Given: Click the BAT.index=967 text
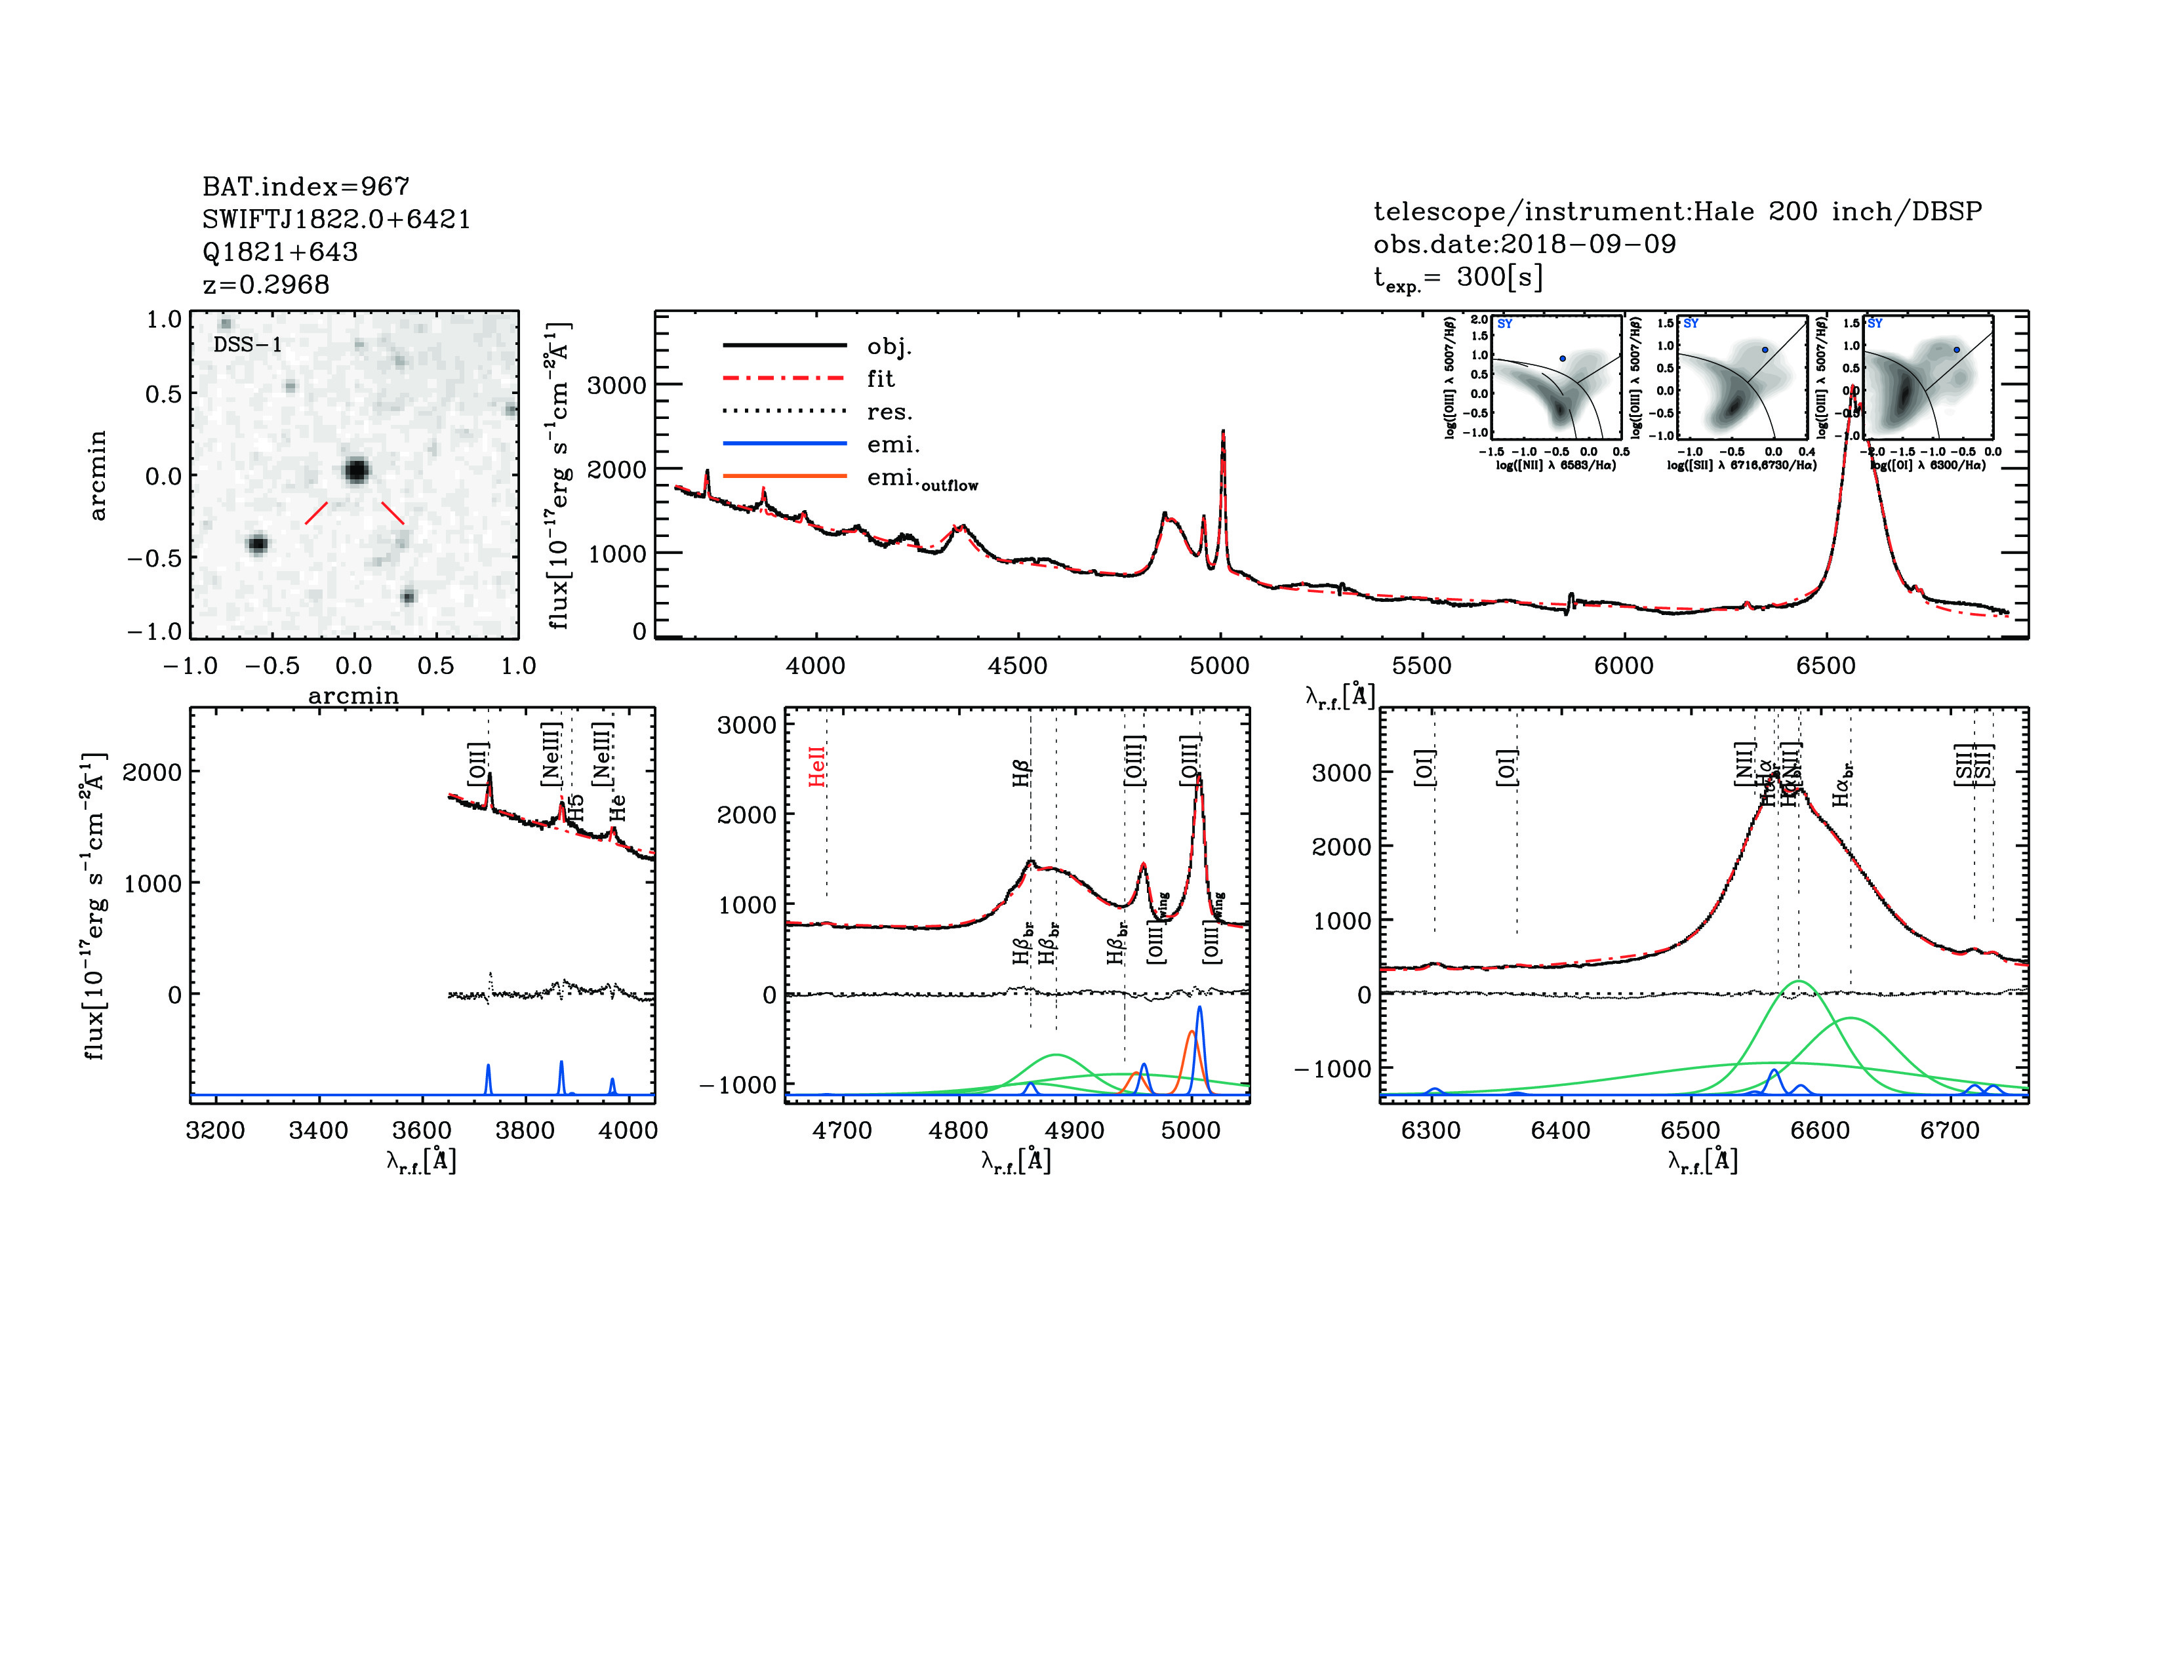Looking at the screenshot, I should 305,186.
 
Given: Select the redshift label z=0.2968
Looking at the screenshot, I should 266,285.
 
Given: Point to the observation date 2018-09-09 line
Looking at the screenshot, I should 1524,244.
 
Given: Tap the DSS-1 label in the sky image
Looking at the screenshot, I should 248,345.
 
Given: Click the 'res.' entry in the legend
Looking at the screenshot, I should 889,412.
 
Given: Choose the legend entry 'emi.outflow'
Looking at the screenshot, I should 921,479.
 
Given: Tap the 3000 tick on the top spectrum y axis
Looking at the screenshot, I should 617,386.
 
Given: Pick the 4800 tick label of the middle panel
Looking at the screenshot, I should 958,1130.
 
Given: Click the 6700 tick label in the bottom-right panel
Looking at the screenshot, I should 1949,1130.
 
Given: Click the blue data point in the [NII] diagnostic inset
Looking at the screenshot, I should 1563,359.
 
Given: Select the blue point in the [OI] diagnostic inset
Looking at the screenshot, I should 1956,349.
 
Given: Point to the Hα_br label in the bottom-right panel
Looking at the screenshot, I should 1842,782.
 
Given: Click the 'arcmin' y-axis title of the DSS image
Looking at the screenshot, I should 97,475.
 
